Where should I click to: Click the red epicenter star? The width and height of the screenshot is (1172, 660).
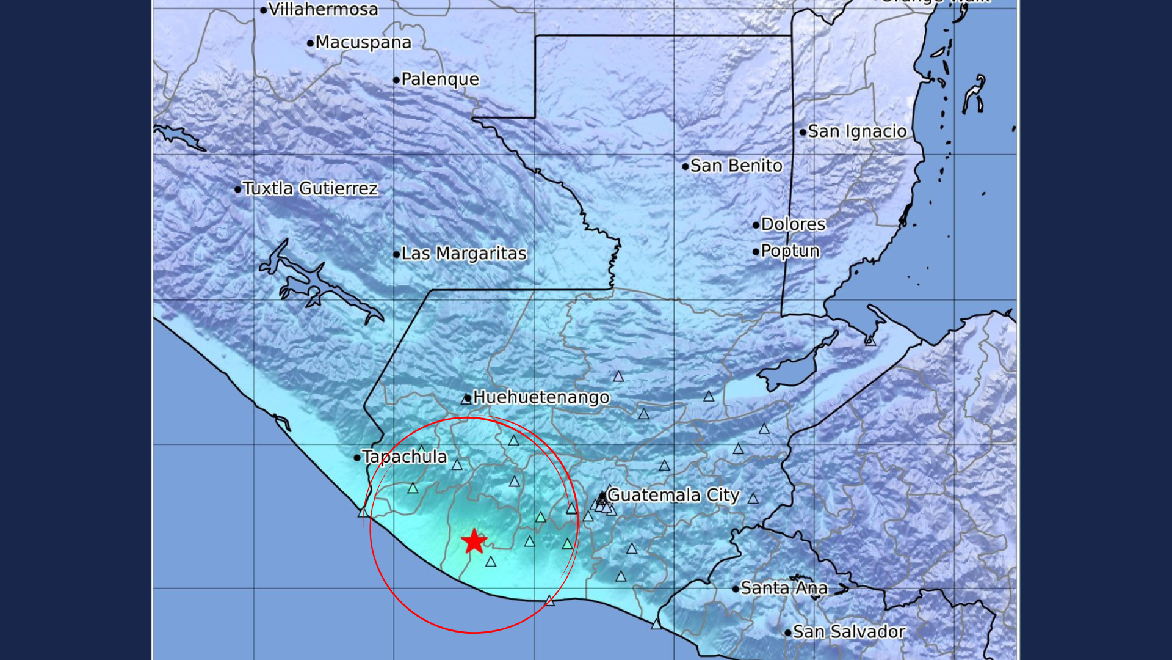coord(474,541)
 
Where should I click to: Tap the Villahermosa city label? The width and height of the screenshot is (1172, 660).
coord(323,9)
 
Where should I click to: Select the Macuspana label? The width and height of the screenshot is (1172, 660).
coord(363,42)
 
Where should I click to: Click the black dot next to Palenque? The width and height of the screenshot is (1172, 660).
coord(396,80)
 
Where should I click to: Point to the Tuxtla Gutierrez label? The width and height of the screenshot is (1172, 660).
coord(310,188)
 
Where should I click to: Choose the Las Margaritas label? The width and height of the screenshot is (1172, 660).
coord(463,254)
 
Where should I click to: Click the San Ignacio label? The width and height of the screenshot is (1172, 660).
coord(857,131)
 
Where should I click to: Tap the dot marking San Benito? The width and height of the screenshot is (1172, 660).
coord(685,166)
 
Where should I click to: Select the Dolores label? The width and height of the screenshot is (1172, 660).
coord(793,224)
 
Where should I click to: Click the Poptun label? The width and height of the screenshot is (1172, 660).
coord(790,251)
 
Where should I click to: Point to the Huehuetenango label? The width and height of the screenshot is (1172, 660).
coord(541,397)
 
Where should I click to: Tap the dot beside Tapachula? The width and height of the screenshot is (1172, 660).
coord(357,457)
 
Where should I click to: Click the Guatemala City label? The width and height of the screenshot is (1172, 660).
coord(673,495)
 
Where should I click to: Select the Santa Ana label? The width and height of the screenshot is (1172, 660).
coord(784,588)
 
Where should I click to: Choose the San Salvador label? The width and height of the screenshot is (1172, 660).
coord(848,632)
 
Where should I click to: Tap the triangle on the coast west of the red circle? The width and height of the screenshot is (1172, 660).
coord(363,512)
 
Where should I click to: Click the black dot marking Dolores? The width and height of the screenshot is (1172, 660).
coord(756,225)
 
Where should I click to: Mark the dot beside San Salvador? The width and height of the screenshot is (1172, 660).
coord(788,632)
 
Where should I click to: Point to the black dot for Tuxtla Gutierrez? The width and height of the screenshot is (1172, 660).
coord(237,189)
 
